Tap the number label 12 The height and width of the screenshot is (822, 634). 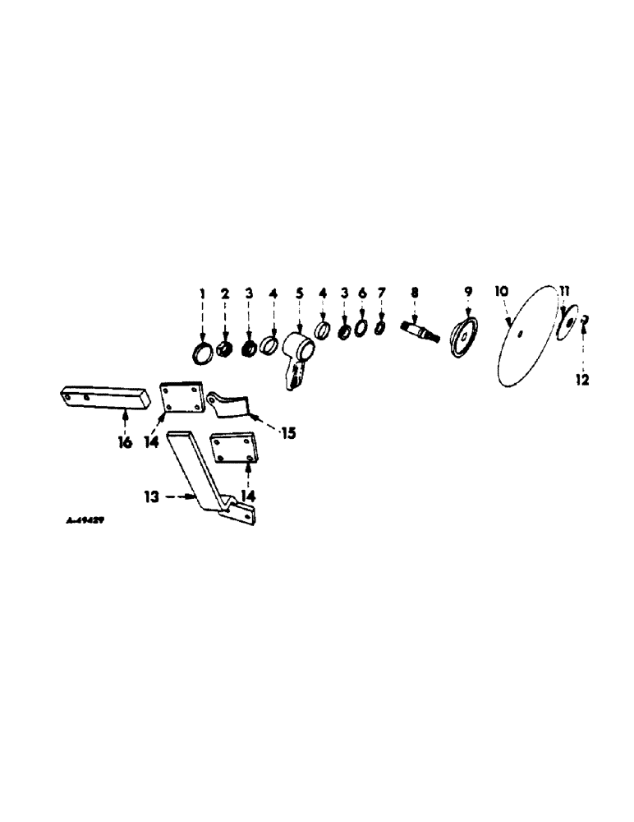(583, 381)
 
